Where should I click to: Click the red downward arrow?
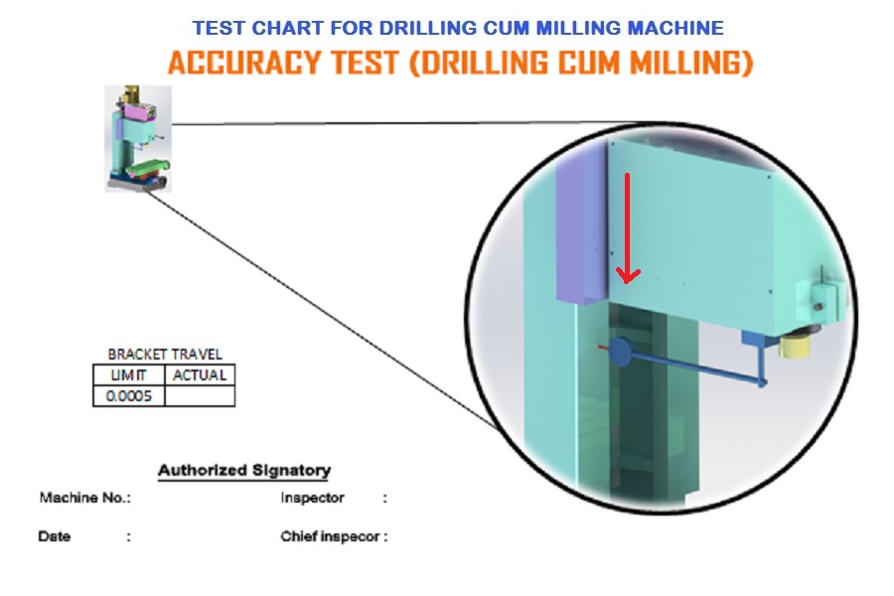[627, 228]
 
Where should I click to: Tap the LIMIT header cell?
[129, 375]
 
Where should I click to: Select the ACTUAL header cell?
[200, 375]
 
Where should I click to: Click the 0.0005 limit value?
[129, 395]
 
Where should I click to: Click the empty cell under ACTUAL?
[200, 395]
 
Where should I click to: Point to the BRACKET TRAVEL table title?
[165, 355]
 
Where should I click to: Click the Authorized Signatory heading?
[244, 471]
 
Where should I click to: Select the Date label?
[55, 536]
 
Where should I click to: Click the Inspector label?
[313, 498]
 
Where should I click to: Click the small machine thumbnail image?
[138, 139]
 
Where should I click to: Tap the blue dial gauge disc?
[619, 351]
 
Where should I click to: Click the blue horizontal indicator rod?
[694, 368]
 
